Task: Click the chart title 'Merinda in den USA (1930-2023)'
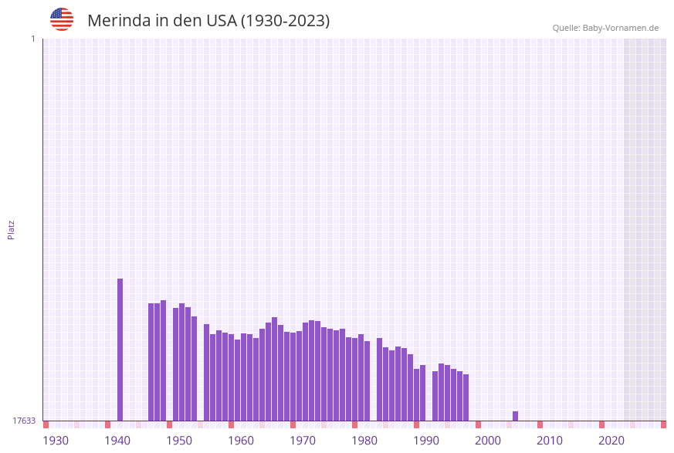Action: [x=208, y=21]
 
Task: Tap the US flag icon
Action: [x=62, y=19]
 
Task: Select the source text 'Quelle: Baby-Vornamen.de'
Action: [x=605, y=28]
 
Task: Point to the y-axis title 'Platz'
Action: [x=12, y=229]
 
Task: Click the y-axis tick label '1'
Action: [x=32, y=39]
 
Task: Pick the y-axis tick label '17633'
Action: [x=24, y=421]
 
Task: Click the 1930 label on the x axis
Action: [x=56, y=441]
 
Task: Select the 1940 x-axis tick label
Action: [x=117, y=441]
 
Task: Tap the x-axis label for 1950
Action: [x=179, y=441]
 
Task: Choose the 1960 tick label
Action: [x=241, y=441]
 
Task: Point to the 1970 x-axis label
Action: [x=303, y=441]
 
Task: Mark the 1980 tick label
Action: [x=364, y=441]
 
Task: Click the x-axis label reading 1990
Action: [x=426, y=441]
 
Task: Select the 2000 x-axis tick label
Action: [x=488, y=441]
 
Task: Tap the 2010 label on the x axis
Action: [x=550, y=441]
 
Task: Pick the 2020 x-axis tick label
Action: [x=611, y=441]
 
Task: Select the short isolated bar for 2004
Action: [x=516, y=416]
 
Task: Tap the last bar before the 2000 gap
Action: [x=466, y=397]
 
